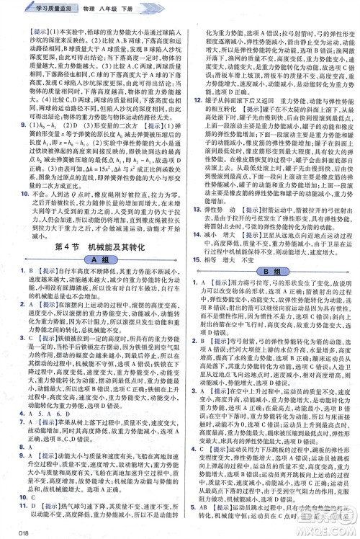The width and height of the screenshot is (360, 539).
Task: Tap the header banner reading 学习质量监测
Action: click(x=35, y=6)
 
